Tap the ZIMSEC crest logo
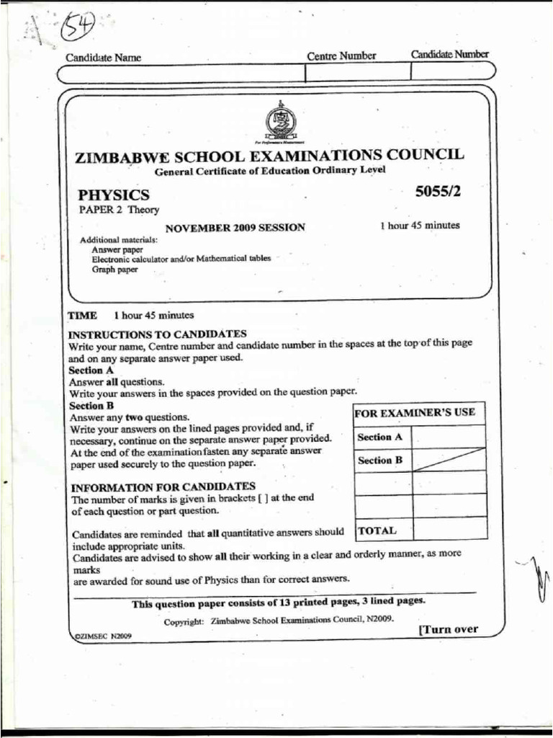pos(277,123)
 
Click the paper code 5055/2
pos(437,192)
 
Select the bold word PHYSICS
pos(114,195)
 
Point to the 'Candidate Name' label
pos(104,58)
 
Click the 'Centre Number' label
pos(341,56)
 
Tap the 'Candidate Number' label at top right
pos(449,55)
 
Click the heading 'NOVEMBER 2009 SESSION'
pos(235,228)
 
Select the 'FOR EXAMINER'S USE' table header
pos(414,413)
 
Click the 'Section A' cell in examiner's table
pos(379,437)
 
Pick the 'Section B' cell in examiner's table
pos(379,461)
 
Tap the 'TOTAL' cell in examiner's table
pos(377,530)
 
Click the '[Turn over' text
pos(448,629)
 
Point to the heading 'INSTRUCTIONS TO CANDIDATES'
pos(157,334)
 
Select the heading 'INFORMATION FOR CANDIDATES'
pos(162,486)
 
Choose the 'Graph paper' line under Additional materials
pos(114,270)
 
